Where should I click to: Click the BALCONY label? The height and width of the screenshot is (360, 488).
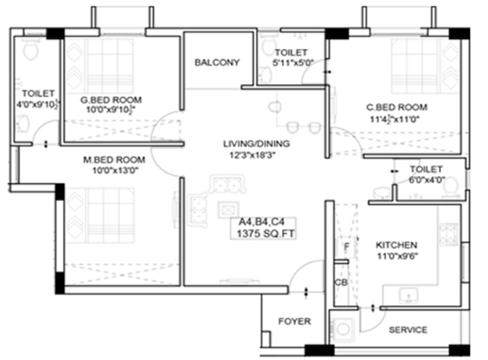217,63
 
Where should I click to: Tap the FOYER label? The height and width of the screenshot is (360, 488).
295,321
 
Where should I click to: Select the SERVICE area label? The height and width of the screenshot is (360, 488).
408,330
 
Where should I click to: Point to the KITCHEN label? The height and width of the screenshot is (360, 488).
396,245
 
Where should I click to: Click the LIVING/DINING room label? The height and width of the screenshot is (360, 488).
257,144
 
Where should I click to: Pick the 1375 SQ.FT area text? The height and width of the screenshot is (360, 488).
266,234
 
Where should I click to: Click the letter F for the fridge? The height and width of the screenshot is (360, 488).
346,247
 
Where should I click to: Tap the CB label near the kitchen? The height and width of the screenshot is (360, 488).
341,283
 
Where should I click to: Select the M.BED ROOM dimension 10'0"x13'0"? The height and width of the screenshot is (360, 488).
115,170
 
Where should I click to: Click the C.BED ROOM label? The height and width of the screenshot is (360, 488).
396,107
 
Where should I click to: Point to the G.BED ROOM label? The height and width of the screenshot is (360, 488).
111,100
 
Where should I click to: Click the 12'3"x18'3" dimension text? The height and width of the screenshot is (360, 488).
252,155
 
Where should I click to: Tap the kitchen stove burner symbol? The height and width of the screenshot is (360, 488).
448,233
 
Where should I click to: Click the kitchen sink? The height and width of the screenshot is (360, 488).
408,297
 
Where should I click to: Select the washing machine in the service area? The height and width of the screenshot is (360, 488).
343,329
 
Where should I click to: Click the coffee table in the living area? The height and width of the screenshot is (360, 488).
229,210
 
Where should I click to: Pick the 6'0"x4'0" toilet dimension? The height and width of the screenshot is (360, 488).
426,180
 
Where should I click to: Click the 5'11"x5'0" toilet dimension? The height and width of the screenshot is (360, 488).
293,63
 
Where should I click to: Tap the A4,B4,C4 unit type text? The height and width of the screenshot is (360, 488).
261,222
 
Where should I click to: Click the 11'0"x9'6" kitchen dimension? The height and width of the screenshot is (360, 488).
397,256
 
